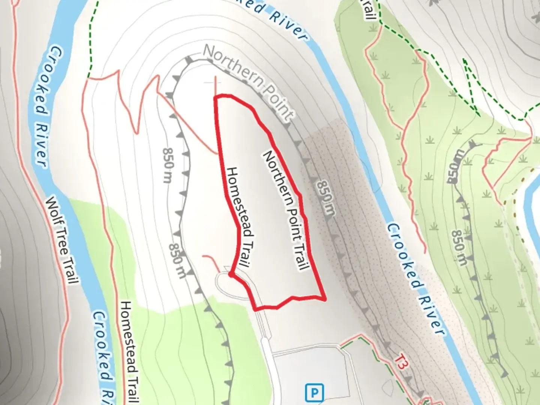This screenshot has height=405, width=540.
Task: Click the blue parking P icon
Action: point(314,393)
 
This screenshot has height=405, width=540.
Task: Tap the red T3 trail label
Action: point(401,362)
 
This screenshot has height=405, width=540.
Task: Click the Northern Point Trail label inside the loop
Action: point(286,210)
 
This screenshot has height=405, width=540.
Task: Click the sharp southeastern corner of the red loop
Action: point(325,298)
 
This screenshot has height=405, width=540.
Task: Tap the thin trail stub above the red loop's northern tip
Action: point(216,85)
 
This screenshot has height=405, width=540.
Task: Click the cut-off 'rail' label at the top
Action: point(369,10)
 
